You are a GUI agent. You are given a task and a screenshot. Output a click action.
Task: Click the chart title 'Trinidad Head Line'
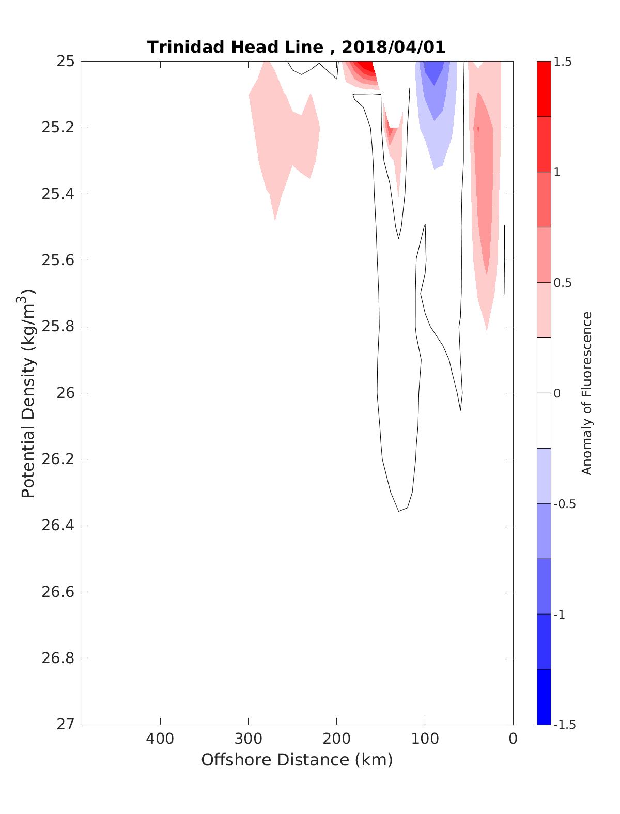click(x=235, y=47)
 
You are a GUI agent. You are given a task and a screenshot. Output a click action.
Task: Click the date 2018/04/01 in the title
click(x=393, y=47)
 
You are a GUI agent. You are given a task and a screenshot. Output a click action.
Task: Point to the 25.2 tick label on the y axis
click(x=58, y=128)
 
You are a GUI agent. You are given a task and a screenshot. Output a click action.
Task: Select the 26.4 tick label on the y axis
click(x=58, y=526)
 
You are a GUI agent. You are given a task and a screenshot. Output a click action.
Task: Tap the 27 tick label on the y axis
click(x=65, y=725)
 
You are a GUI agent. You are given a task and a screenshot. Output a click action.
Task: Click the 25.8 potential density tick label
click(x=58, y=327)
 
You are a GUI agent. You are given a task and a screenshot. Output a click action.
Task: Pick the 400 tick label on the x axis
click(x=160, y=739)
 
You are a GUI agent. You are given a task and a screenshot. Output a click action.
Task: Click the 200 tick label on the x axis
click(x=337, y=739)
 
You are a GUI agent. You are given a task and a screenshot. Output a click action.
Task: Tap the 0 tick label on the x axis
click(x=513, y=739)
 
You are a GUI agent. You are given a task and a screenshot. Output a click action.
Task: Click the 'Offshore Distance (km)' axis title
click(x=297, y=760)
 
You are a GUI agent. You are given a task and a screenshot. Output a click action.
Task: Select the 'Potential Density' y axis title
click(x=28, y=393)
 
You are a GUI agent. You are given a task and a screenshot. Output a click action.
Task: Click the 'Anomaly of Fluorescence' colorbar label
click(x=586, y=393)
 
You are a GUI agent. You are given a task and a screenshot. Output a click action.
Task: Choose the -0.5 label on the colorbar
click(x=564, y=504)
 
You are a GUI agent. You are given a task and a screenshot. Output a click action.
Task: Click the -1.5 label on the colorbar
click(x=564, y=725)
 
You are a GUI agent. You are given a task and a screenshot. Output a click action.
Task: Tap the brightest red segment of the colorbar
click(x=544, y=89)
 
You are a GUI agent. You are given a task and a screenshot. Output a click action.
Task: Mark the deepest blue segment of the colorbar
click(x=544, y=697)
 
